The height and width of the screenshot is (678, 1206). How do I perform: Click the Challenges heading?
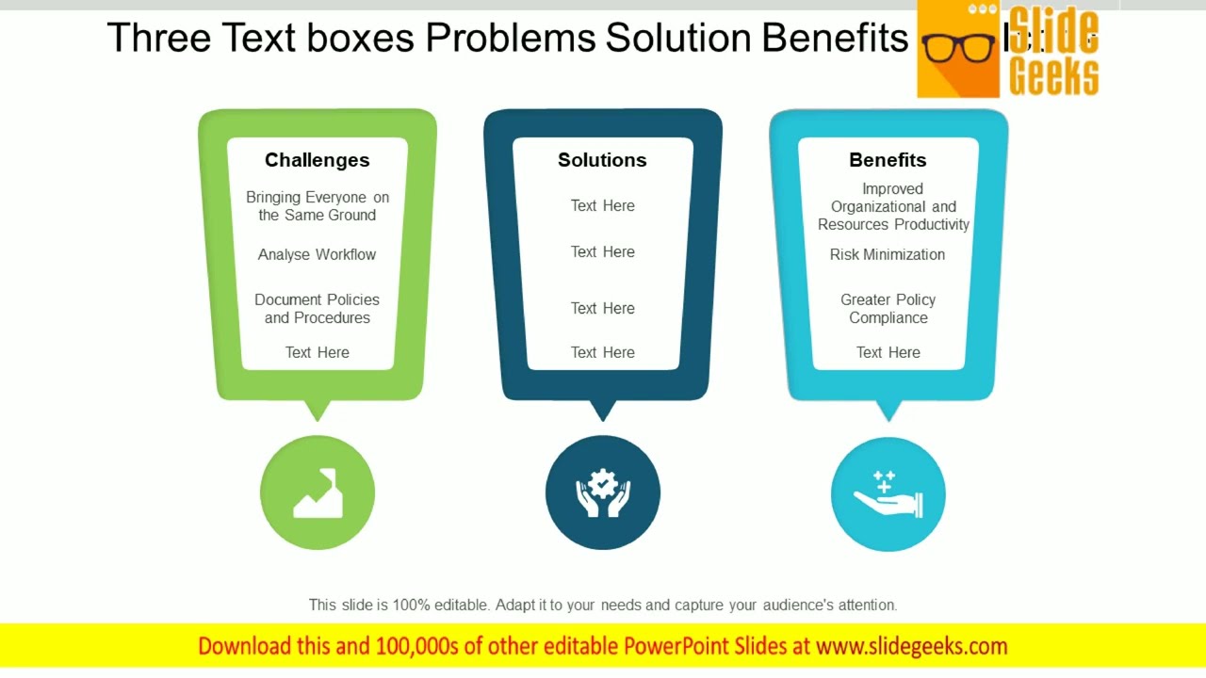[317, 160]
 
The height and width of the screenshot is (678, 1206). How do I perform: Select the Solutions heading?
[602, 160]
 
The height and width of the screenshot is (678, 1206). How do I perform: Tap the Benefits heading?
[888, 160]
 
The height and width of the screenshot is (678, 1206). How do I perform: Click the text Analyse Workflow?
[317, 254]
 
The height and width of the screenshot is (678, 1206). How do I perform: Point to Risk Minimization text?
[888, 254]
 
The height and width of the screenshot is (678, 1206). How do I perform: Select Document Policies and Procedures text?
[317, 309]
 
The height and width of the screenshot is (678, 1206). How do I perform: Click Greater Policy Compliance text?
[888, 309]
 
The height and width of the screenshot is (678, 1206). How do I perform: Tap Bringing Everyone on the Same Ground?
[317, 206]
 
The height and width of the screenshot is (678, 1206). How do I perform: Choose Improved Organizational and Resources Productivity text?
[892, 206]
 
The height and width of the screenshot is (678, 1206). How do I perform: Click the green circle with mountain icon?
[318, 492]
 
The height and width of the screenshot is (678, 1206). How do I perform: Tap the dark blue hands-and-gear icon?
[603, 492]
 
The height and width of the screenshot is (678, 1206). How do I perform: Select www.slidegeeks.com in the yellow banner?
[911, 646]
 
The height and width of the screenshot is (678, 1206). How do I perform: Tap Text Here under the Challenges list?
[317, 352]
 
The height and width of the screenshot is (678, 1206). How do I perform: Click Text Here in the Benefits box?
[888, 352]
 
